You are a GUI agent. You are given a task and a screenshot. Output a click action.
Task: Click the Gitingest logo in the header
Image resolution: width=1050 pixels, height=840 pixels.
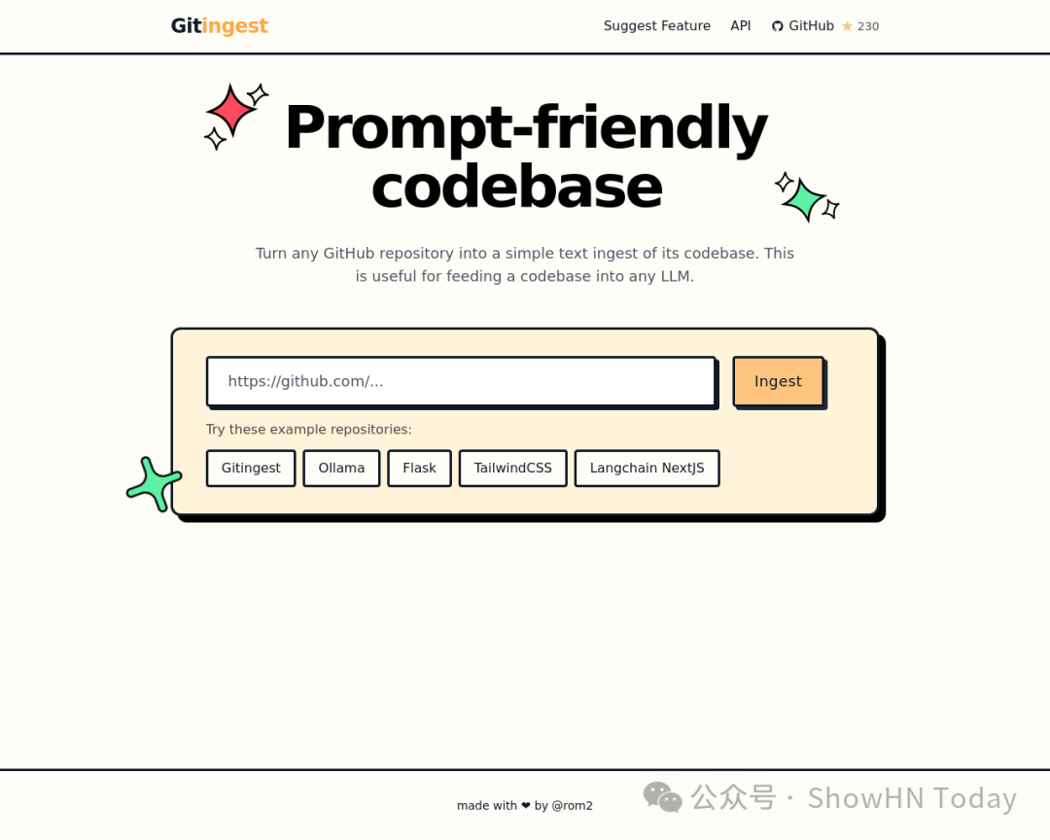219,26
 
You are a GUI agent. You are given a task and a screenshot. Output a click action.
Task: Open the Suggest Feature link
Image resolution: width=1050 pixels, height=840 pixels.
656,26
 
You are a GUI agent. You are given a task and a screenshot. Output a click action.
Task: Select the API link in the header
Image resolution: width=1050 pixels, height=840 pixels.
741,26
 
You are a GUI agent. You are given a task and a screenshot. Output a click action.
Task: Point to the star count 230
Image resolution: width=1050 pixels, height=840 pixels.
867,27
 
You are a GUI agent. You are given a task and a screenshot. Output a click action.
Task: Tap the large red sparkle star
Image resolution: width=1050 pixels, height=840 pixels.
231,110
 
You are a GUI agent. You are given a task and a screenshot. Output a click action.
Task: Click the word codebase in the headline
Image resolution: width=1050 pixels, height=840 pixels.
516,188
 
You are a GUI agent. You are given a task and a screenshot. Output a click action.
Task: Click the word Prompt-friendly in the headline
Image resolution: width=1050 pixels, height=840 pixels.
525,127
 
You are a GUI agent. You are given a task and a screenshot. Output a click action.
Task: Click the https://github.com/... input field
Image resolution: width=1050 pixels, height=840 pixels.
461,381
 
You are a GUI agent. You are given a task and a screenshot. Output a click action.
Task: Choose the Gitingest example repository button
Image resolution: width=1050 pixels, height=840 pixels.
251,468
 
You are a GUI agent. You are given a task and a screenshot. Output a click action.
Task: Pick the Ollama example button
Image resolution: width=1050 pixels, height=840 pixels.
341,468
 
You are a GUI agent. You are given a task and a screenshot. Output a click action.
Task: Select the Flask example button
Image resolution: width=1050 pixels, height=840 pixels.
419,468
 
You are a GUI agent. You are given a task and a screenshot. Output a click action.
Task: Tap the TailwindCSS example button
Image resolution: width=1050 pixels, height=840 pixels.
512,468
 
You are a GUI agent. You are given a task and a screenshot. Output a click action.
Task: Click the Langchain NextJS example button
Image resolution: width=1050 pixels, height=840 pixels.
647,468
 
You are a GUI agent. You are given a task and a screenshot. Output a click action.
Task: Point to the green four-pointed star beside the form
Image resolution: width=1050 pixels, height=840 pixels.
154,484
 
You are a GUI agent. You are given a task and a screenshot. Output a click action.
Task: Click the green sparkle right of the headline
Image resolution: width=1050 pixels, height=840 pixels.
805,198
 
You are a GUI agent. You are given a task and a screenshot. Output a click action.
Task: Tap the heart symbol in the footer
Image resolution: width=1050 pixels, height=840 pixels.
526,806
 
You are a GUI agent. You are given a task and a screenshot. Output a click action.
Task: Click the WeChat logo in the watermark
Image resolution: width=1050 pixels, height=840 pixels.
663,797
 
